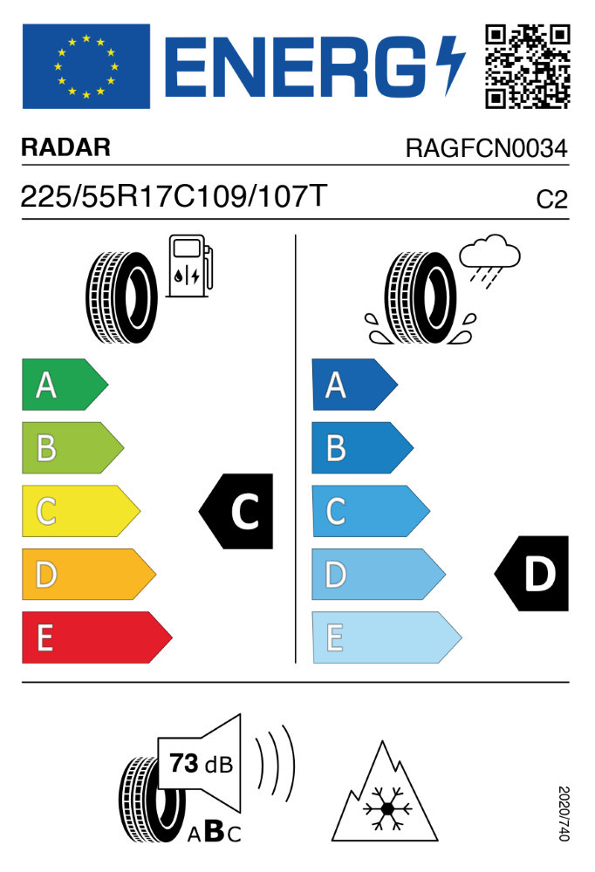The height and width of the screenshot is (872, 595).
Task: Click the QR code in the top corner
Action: tap(527, 66)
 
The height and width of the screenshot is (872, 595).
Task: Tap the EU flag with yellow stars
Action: tap(85, 66)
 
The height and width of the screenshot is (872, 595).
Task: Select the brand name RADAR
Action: tap(66, 148)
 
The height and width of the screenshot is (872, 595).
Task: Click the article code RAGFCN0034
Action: tap(486, 148)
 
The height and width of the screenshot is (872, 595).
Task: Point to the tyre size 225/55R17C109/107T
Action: tap(174, 197)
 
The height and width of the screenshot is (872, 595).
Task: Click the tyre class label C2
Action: tap(551, 200)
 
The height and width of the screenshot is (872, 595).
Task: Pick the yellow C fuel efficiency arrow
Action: tap(79, 511)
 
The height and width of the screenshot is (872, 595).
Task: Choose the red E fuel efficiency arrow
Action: tap(95, 637)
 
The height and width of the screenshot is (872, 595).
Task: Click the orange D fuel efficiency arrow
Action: tap(87, 575)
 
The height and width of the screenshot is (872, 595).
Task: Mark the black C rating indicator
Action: tap(238, 512)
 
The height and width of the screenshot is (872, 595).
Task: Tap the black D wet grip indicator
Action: tap(533, 575)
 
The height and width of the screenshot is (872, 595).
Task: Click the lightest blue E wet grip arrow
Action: tap(385, 637)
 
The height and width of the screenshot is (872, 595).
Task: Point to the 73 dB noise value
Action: tap(196, 765)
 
